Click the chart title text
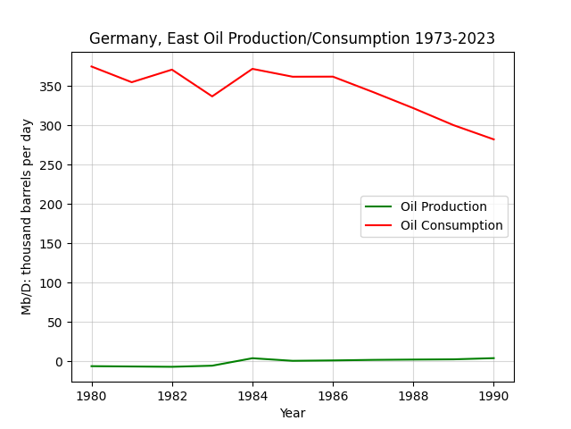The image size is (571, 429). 292,38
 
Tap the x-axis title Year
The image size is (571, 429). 293,413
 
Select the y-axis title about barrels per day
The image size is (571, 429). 27,217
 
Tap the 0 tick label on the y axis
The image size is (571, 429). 59,362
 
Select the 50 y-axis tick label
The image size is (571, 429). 55,323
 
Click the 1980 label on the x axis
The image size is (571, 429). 91,396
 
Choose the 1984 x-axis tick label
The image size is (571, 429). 252,396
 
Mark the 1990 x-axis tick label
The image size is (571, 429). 493,396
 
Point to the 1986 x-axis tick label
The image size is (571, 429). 333,396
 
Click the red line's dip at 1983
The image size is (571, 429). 212,97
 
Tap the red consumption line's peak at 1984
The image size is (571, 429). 252,69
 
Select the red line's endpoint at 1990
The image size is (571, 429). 493,139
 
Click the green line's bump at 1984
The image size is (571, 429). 252,358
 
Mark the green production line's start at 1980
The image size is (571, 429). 91,366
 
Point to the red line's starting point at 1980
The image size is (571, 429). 91,66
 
